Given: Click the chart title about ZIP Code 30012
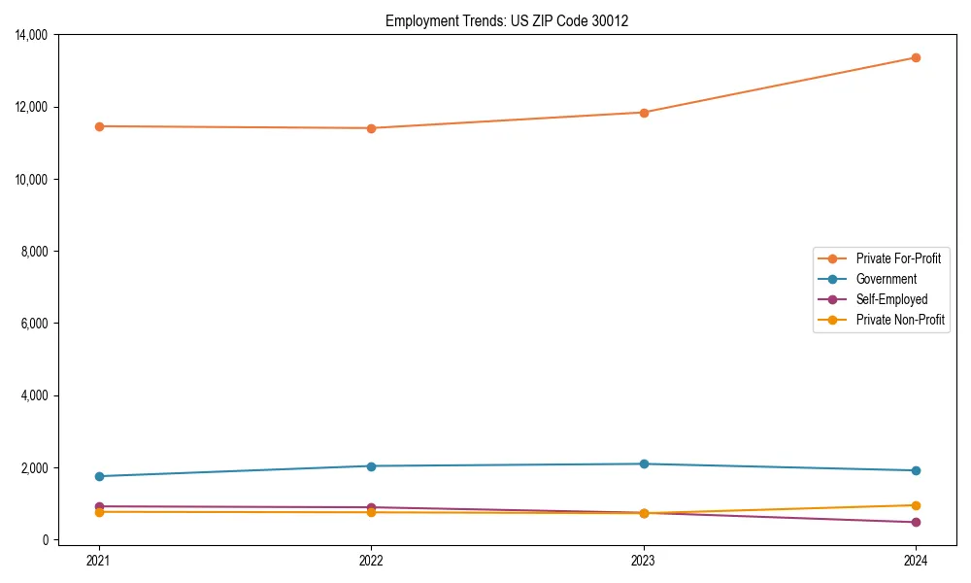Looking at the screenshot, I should [506, 20].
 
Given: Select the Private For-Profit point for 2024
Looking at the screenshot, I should [916, 57].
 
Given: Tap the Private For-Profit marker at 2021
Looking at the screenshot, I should [98, 126].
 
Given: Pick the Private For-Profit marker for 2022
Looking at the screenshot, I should [371, 128].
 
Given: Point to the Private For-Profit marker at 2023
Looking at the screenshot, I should [643, 113].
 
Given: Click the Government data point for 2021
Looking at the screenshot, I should [98, 476].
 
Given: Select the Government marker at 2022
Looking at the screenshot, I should [371, 466].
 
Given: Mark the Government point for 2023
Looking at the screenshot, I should [643, 463].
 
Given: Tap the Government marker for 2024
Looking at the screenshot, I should [916, 470].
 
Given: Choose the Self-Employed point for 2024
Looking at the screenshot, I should [916, 523].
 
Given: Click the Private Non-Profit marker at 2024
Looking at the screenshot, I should [916, 505].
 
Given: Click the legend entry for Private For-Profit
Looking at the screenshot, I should [897, 258].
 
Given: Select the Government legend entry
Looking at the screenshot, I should [886, 279].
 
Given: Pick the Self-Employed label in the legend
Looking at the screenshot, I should [891, 299].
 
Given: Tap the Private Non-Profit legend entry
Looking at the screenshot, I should [900, 320].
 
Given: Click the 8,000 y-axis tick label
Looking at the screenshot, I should [38, 252].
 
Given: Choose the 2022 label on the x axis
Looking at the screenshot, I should [371, 560].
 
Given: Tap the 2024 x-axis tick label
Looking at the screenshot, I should [916, 560].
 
